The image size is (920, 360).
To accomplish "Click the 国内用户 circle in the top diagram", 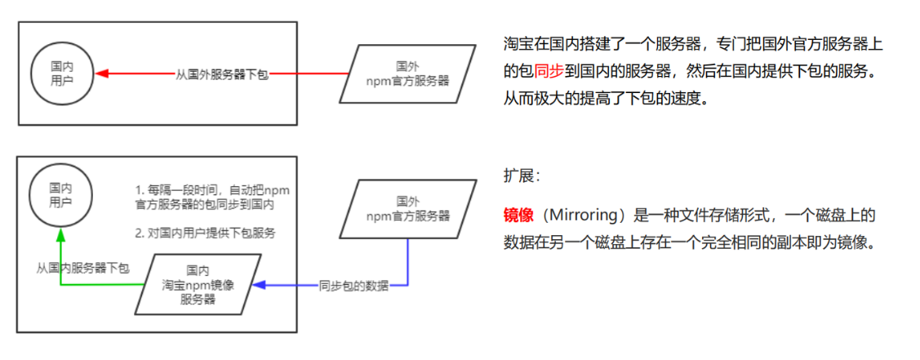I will tap(62, 73).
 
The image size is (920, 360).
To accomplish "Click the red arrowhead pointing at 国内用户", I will tap(101, 73).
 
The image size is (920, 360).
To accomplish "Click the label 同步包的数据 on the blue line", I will tap(353, 286).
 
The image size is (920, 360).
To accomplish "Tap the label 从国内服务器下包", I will tap(82, 268).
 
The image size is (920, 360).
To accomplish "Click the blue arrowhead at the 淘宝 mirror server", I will tap(257, 285).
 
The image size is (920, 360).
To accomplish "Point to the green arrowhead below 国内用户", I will tap(61, 234).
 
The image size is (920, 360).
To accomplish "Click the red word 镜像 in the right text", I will tap(518, 216).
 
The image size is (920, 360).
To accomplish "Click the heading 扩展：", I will tap(522, 176).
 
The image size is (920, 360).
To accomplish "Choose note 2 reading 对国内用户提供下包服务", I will tap(205, 233).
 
